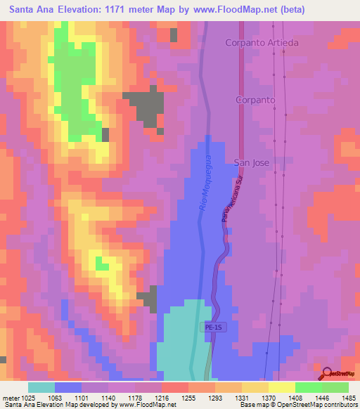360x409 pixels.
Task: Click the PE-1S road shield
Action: [214, 327]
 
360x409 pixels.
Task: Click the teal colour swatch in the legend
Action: [41, 387]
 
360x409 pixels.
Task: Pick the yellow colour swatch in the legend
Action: [281, 387]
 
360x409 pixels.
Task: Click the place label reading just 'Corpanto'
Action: [255, 100]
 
